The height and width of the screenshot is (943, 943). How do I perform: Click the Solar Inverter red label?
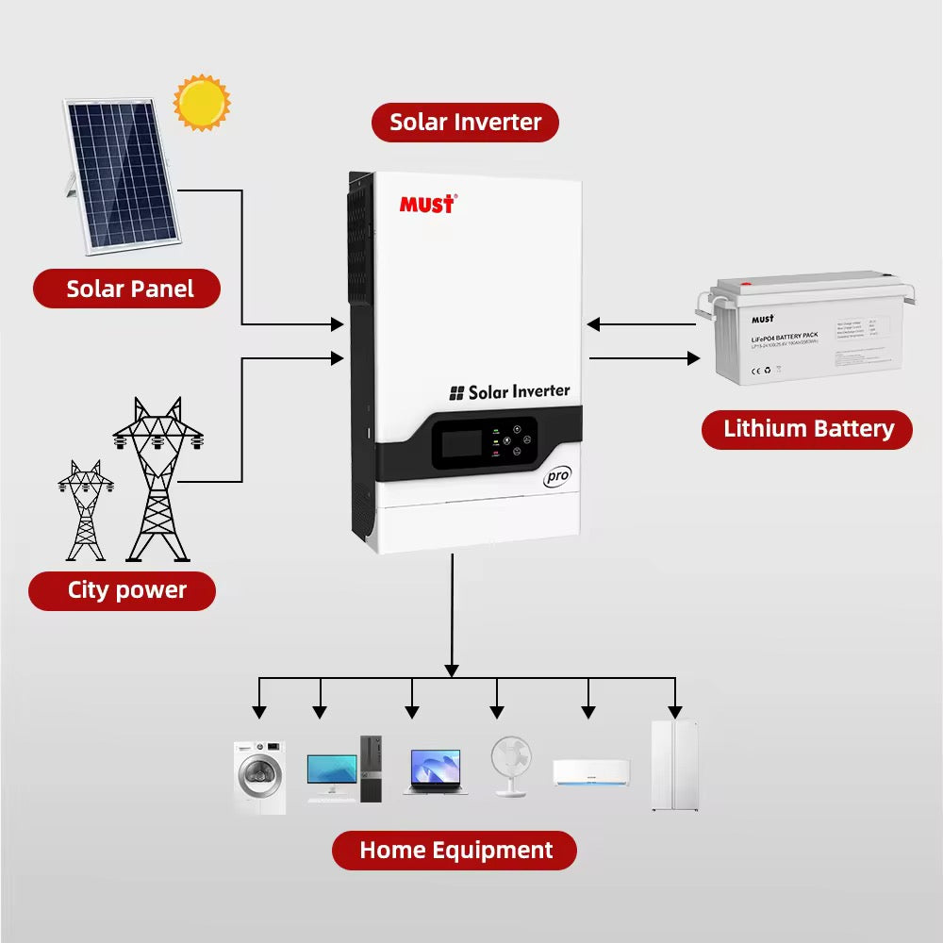465,123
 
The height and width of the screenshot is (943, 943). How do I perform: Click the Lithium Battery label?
807,429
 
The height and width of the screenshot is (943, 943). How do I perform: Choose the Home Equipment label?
455,850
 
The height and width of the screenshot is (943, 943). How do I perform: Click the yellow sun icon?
202,103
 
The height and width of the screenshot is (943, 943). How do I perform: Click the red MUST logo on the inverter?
427,204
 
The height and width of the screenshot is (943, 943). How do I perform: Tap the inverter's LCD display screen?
461,443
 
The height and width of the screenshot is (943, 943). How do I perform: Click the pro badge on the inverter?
557,476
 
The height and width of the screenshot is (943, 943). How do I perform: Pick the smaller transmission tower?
85,510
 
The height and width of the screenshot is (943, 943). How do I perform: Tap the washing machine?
259,777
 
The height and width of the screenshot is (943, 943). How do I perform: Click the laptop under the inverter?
435,772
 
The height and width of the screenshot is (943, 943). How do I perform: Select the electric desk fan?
511,766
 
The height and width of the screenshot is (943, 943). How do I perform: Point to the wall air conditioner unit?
590,772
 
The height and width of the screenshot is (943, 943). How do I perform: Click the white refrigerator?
674,766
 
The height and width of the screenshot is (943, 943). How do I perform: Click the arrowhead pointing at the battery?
693,358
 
